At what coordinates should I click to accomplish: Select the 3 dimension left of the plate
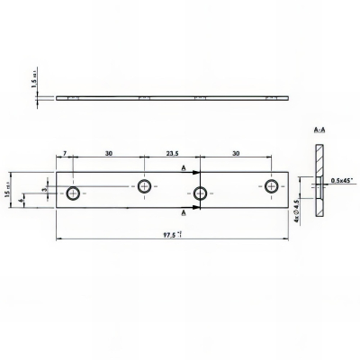point(43,190)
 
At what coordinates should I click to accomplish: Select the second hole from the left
point(144,186)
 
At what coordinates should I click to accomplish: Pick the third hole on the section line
point(201,192)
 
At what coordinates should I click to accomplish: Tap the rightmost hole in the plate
point(271,186)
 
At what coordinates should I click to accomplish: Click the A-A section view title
point(319,131)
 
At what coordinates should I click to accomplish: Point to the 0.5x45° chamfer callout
point(341,180)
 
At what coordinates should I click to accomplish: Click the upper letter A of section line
point(184,167)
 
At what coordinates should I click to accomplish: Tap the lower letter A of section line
point(184,212)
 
